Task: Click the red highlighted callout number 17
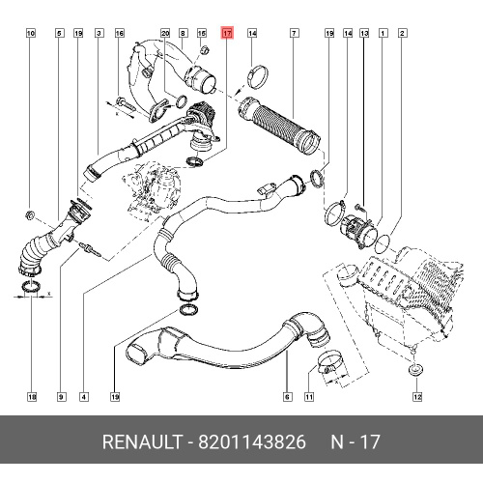(227, 33)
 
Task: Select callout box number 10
(31, 33)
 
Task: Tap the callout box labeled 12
(417, 397)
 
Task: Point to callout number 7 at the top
(294, 33)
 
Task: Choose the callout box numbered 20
(165, 33)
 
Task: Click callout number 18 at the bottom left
(32, 397)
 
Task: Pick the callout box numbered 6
(287, 397)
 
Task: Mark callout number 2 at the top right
(402, 33)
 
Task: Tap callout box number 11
(309, 397)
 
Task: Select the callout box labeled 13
(364, 33)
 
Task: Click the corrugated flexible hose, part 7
(278, 127)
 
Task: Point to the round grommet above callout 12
(416, 369)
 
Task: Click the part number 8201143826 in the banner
(251, 441)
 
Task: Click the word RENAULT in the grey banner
(142, 441)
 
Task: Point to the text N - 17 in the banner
(355, 441)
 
